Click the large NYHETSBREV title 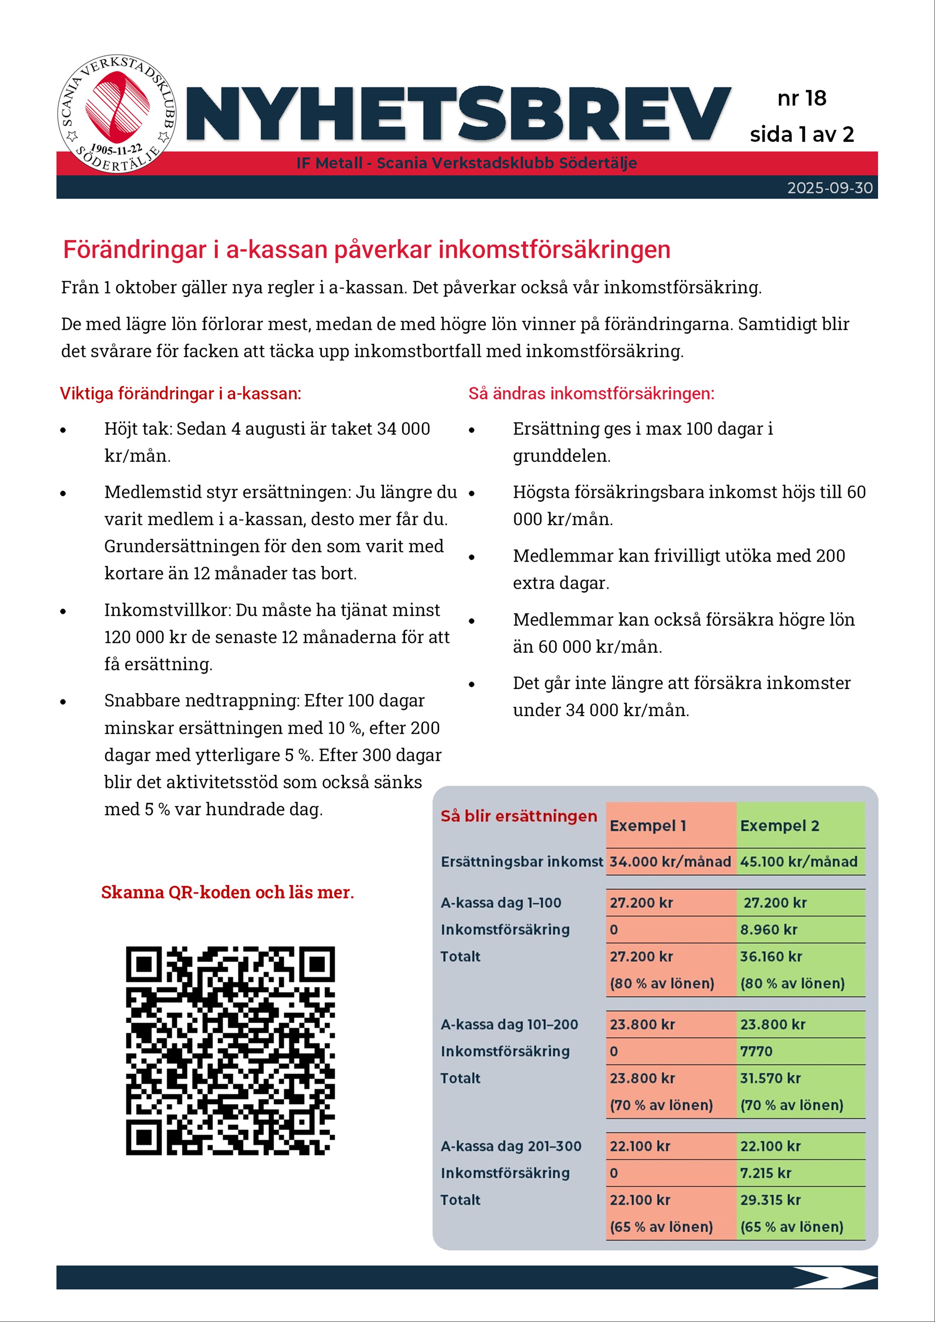pos(458,115)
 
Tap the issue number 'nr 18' pos(801,98)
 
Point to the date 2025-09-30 pos(829,188)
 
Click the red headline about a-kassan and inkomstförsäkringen pos(366,250)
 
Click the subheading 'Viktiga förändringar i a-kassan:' pos(180,394)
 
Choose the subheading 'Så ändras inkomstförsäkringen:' pos(591,394)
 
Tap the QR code pos(230,1050)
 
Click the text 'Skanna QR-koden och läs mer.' pos(228,892)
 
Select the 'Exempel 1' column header pos(648,826)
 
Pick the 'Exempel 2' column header pos(779,826)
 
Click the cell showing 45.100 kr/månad pos(799,861)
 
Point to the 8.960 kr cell pos(768,929)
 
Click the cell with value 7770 pos(756,1051)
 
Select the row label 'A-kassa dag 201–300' pos(511,1146)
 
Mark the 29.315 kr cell pos(770,1200)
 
